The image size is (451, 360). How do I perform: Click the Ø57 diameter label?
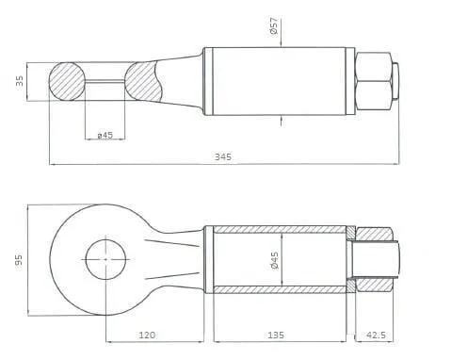point(274,25)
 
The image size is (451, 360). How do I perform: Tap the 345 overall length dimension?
point(223,156)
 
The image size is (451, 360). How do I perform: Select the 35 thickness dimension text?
point(20,81)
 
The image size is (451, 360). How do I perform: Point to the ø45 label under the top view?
point(105,136)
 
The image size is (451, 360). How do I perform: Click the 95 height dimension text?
point(19,260)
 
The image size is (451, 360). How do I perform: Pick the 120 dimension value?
point(147,335)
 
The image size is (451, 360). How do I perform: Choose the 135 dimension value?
point(276,335)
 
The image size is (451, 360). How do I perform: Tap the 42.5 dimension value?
point(376,335)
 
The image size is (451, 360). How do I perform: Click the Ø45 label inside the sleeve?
point(274,260)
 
